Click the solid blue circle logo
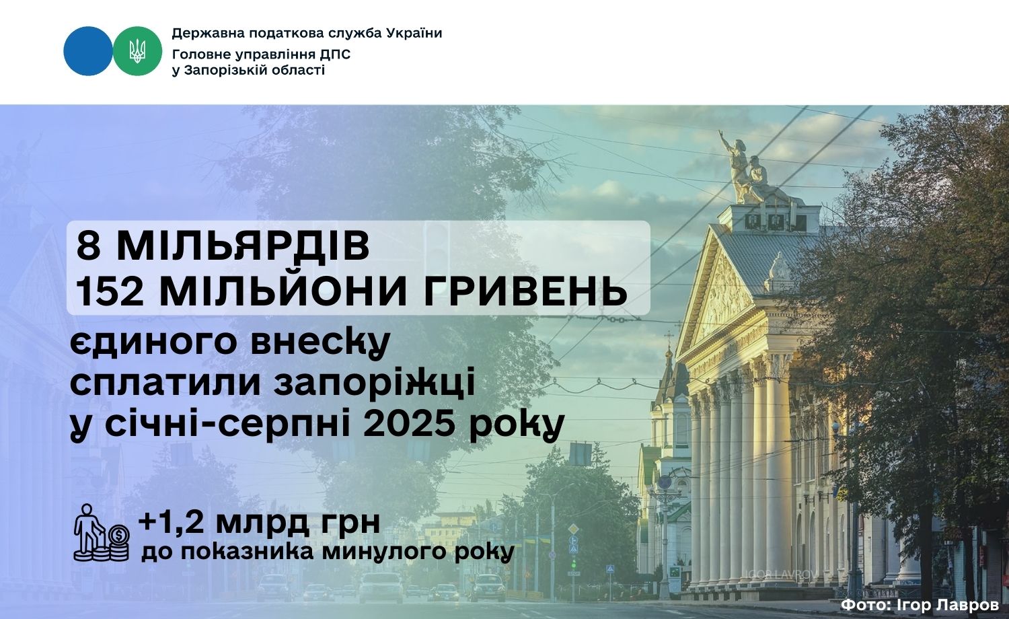tap(88, 51)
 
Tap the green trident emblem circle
tap(137, 51)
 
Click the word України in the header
tap(414, 34)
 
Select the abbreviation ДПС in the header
tap(335, 54)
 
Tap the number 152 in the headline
tap(110, 291)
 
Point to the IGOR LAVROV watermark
tap(782, 575)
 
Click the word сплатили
tap(165, 384)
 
